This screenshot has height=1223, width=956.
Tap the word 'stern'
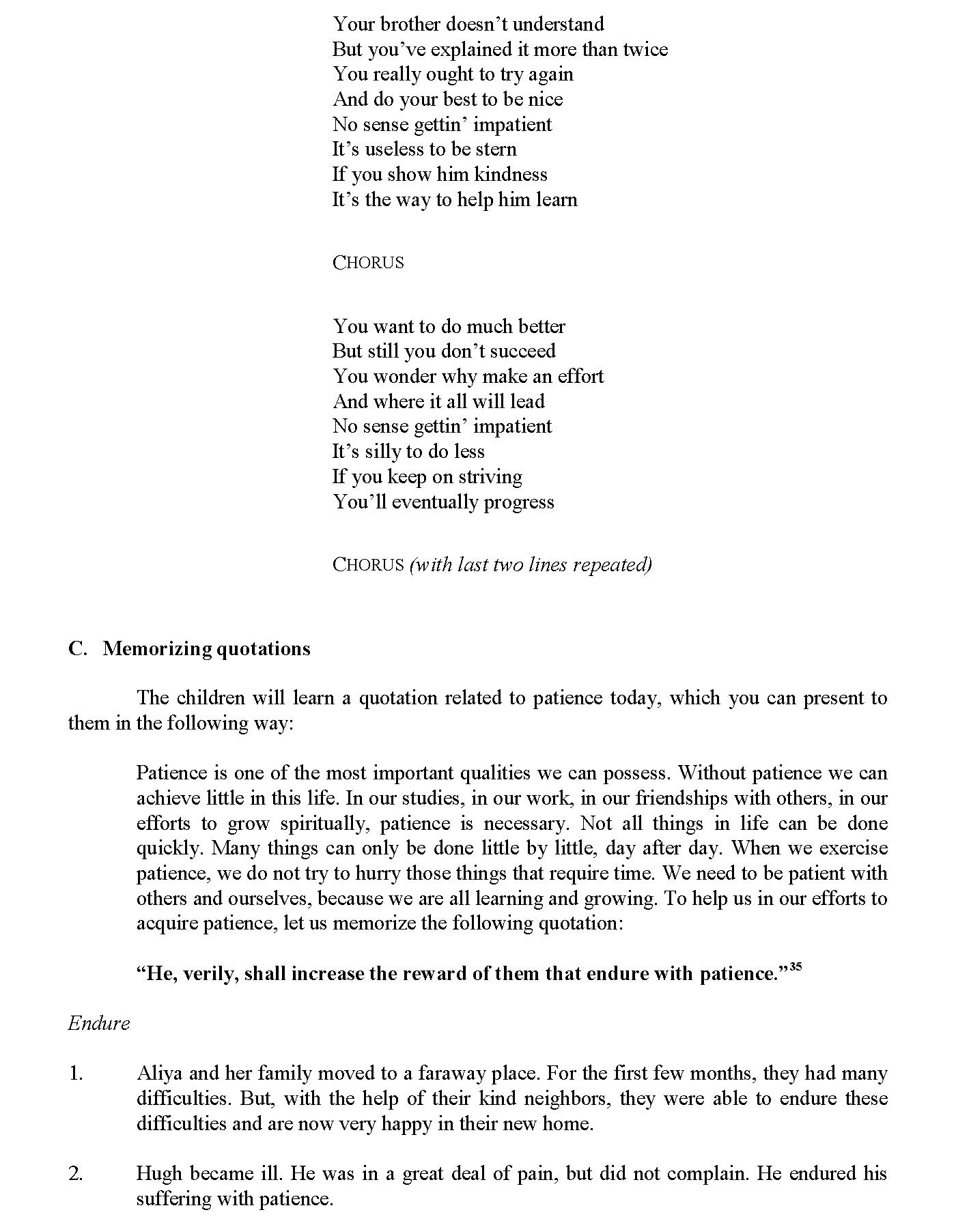coord(496,149)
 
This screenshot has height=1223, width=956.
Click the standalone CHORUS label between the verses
coord(368,263)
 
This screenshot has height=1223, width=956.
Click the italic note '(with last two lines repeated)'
coord(531,565)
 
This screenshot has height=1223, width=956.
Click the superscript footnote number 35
coord(795,967)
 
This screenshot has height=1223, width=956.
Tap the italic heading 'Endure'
coord(98,1023)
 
